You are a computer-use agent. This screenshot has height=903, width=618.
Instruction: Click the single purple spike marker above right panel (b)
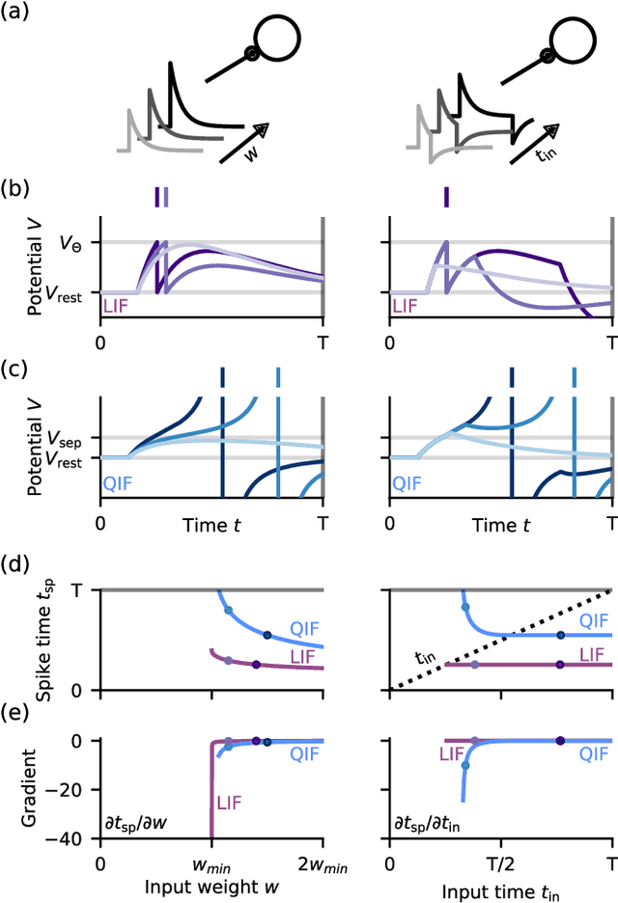point(445,197)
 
